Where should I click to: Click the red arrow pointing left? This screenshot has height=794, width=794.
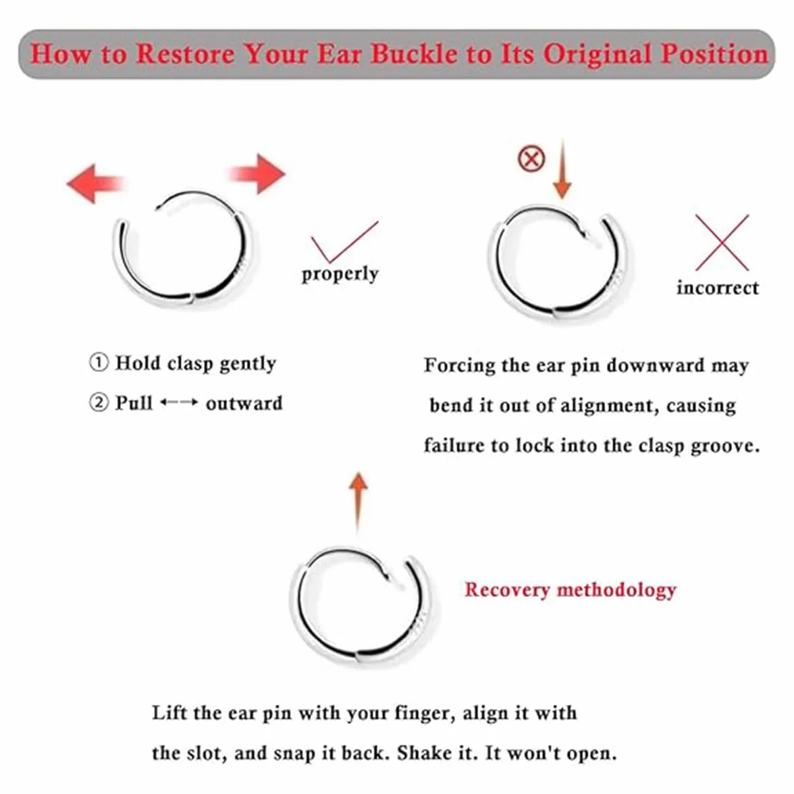click(95, 184)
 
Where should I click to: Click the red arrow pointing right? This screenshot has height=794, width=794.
click(257, 174)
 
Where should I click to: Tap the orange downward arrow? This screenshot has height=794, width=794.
click(562, 169)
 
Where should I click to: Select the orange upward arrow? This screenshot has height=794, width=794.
click(359, 501)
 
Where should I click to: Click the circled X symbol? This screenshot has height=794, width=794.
click(531, 159)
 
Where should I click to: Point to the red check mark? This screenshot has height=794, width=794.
click(344, 242)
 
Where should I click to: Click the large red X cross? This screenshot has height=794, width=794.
click(722, 242)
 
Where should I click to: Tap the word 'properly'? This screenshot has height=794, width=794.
click(340, 274)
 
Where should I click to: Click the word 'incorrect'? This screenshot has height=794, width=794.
click(718, 288)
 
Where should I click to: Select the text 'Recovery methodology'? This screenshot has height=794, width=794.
click(570, 590)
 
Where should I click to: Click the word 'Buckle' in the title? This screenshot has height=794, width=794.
click(414, 54)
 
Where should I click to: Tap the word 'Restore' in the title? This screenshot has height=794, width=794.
click(185, 54)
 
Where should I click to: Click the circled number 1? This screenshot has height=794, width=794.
click(99, 363)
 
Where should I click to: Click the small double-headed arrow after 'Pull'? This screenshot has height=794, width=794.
click(179, 402)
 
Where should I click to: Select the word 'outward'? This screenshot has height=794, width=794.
click(244, 404)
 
